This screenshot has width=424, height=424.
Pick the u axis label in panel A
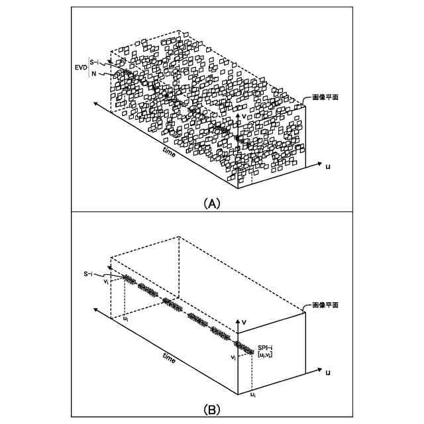coord(328,166)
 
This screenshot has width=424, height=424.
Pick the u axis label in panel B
coord(328,373)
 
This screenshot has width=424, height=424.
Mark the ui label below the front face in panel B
coord(252,395)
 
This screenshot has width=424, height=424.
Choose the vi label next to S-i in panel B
coord(106,282)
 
